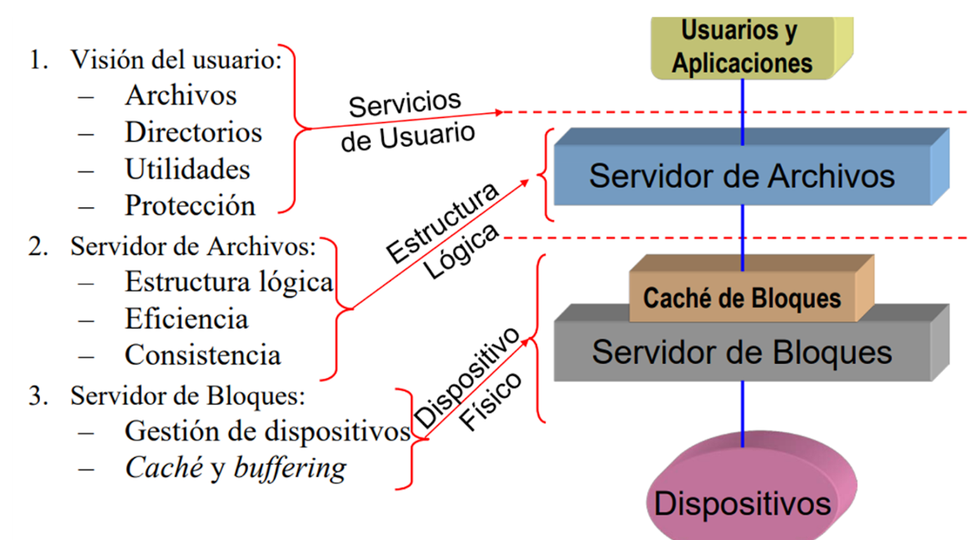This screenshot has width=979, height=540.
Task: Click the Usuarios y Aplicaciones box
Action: point(742,48)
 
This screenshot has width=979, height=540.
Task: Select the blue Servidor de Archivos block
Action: point(742,176)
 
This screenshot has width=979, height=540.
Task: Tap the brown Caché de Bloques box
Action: point(742,297)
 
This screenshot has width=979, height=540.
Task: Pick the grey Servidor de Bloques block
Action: point(742,352)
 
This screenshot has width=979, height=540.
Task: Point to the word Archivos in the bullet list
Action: point(181,96)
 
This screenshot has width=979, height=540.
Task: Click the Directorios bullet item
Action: point(193,133)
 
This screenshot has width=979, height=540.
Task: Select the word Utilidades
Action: point(187,170)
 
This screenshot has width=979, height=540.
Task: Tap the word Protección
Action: point(190,206)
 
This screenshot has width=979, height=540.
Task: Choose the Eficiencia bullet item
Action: point(186,318)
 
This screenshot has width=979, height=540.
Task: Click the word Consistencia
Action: point(202,355)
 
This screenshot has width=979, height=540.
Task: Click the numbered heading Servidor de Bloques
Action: point(187,397)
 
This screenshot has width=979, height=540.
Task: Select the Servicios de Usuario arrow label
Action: point(407,121)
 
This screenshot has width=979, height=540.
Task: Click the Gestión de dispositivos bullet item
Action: point(267,431)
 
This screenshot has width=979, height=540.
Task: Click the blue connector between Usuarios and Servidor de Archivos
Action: point(742,111)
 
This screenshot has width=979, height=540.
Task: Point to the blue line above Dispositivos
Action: point(742,414)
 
